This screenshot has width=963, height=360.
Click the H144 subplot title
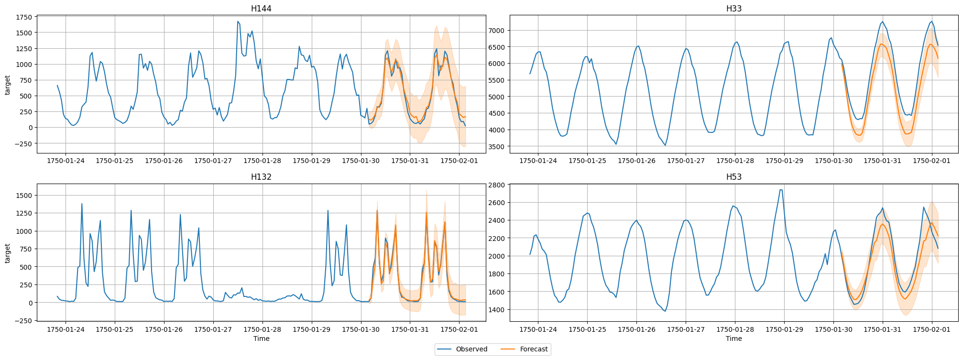pos(261,9)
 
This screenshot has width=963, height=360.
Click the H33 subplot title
pos(733,9)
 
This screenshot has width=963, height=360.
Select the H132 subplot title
pos(261,177)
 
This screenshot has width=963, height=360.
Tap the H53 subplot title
pos(733,177)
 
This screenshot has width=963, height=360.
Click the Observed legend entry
pos(471,349)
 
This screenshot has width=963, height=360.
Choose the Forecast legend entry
pos(533,349)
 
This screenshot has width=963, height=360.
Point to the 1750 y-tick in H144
pos(24,17)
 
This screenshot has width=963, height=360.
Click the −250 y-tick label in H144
pos(22,143)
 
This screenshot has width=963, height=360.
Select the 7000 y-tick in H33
pos(496,31)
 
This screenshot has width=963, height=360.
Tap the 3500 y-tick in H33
pos(496,147)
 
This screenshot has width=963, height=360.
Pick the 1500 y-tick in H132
pos(24,196)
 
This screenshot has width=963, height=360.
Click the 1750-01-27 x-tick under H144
pos(213,161)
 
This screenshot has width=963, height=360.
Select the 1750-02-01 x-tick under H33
pos(931,161)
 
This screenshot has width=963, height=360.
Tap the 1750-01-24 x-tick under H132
pos(66,329)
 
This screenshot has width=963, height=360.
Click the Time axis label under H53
pos(733,338)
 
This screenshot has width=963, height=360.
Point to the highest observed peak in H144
pos(238,22)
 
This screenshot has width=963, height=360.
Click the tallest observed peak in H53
pos(780,190)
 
